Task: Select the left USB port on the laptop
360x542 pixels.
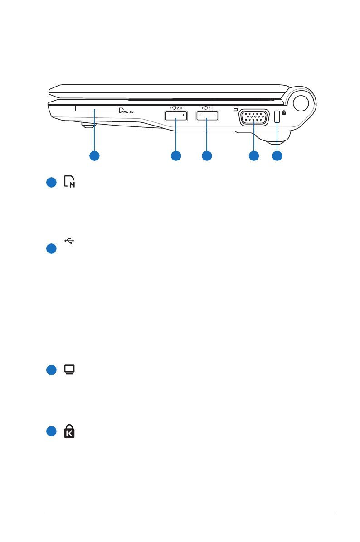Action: click(175, 116)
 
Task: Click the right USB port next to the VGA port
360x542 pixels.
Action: click(207, 116)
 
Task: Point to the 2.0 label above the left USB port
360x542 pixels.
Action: click(178, 108)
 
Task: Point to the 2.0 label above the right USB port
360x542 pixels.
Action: click(210, 108)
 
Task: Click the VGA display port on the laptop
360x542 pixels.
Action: click(253, 117)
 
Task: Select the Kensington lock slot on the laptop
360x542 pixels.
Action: click(277, 116)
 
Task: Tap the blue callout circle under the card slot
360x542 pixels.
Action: click(94, 156)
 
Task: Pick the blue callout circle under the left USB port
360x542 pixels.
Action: click(175, 156)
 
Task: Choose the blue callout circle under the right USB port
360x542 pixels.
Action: click(207, 156)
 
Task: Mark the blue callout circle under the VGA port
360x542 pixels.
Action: click(254, 156)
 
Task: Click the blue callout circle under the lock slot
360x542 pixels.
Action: click(277, 156)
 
